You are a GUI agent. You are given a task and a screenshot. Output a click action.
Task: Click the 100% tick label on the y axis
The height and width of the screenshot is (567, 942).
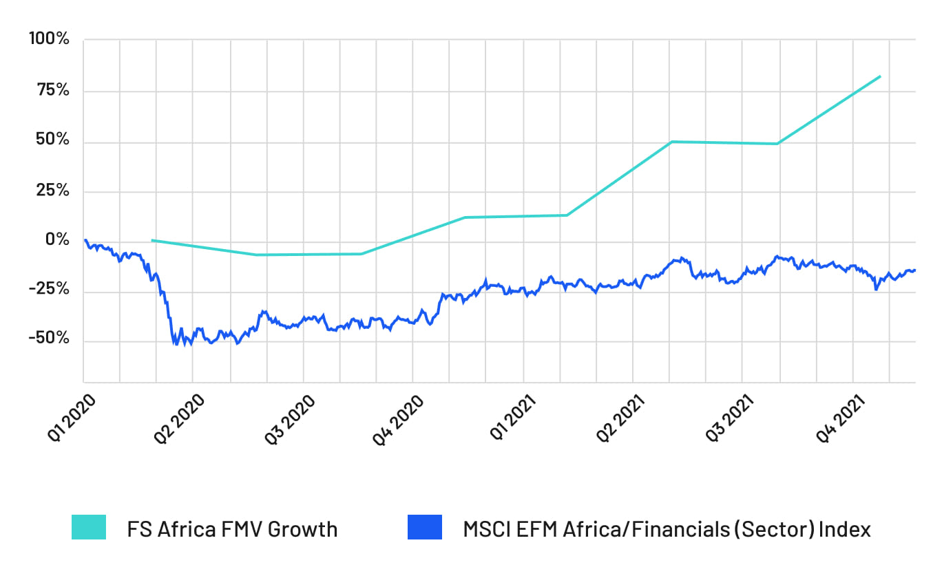[48, 39]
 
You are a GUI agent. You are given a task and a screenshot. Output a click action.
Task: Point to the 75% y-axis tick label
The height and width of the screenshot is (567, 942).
[52, 90]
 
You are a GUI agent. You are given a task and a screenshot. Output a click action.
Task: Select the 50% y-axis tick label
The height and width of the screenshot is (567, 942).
[52, 140]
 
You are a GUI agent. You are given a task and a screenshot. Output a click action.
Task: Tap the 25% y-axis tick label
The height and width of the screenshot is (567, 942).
[52, 191]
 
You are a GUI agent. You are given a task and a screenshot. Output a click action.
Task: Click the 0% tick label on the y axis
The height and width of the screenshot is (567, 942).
[58, 240]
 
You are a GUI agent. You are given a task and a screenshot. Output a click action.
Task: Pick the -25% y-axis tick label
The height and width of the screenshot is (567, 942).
[49, 290]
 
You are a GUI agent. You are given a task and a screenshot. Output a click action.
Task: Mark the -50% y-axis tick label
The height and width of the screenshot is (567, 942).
[49, 339]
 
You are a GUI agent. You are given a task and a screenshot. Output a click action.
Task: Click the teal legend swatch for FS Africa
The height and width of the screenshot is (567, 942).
[89, 528]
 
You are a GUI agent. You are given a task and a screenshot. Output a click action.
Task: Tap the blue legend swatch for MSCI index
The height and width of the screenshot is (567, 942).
[424, 528]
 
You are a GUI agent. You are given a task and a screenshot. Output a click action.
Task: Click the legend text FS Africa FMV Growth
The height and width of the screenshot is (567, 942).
[232, 529]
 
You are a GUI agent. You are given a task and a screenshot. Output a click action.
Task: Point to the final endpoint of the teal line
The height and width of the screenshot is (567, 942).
[880, 76]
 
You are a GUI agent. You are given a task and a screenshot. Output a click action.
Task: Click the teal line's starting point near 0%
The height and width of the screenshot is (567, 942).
[152, 240]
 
